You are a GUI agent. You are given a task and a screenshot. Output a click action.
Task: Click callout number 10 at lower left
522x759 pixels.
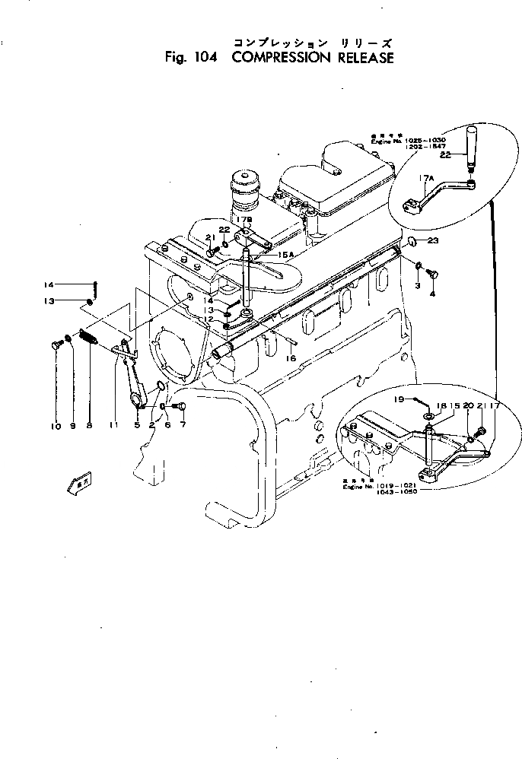(x=56, y=427)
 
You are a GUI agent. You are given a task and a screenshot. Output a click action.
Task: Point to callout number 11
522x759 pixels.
(x=114, y=427)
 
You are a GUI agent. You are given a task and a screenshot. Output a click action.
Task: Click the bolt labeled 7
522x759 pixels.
(x=180, y=406)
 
